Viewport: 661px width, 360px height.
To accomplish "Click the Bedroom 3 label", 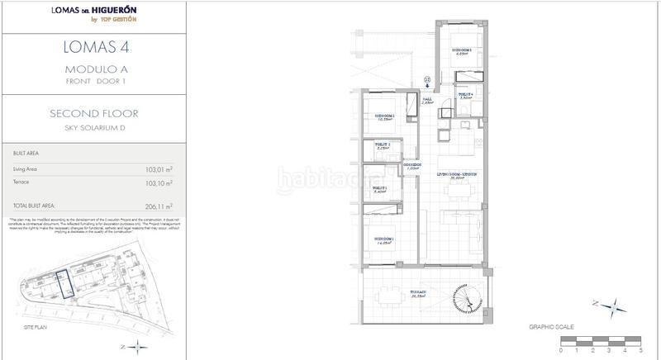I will click(x=460, y=51).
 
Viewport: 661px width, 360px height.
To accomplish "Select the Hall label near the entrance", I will click(x=427, y=101).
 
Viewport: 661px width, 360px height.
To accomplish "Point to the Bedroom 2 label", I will click(x=384, y=116).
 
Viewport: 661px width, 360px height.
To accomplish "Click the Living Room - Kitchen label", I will click(x=459, y=175).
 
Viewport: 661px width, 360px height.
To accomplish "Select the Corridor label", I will click(x=413, y=166).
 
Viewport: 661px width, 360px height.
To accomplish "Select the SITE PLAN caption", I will click(x=22, y=327).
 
